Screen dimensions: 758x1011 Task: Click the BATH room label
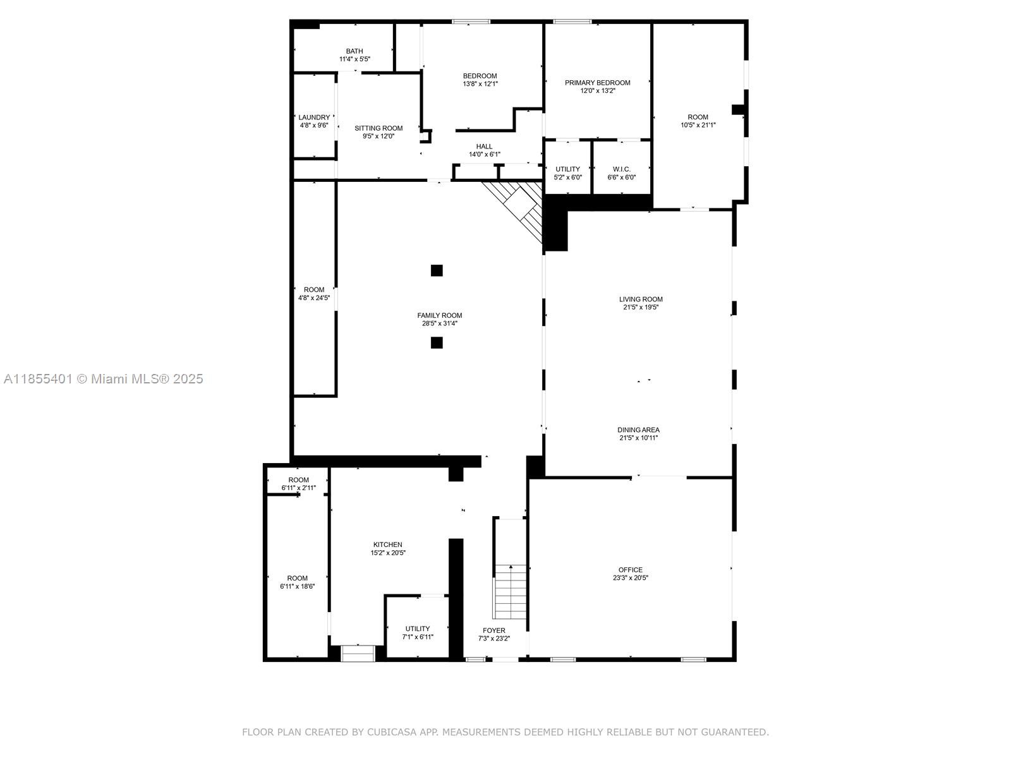(354, 51)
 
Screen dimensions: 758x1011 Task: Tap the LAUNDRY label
(314, 117)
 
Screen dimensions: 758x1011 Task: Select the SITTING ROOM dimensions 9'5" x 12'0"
(378, 136)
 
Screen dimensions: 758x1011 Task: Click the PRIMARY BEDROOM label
(597, 83)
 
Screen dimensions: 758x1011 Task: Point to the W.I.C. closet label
(621, 169)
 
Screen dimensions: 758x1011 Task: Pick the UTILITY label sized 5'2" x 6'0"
(567, 169)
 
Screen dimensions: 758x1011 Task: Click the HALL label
(484, 147)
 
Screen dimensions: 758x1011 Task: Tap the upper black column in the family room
(437, 270)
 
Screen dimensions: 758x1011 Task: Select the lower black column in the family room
(437, 343)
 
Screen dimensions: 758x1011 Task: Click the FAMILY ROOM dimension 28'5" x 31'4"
(439, 323)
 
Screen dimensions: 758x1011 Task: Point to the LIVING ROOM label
(641, 299)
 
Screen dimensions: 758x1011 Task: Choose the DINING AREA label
(638, 430)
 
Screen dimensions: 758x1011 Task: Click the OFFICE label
(630, 570)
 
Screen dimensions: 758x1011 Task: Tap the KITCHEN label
(387, 544)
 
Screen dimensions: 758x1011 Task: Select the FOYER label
(493, 630)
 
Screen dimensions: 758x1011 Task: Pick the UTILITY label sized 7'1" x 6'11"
(417, 629)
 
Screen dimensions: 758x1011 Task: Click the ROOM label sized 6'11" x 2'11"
(298, 480)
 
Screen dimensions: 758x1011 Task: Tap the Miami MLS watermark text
(104, 379)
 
